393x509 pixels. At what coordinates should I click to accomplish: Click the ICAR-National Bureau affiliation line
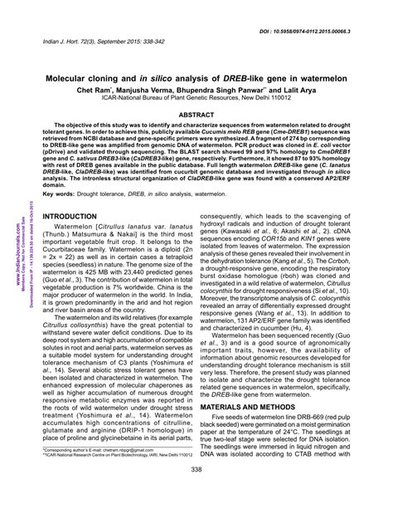click(196, 97)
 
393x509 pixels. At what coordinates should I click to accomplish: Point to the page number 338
click(196, 493)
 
